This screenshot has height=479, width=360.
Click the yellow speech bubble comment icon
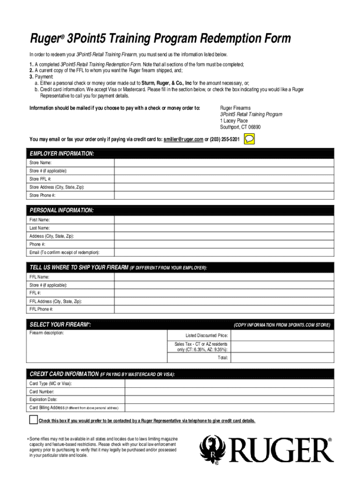tap(250, 139)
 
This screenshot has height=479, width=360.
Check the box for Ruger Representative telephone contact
tap(34, 420)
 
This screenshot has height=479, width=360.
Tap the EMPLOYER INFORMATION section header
tap(62, 154)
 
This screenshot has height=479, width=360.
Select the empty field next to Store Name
tap(224, 162)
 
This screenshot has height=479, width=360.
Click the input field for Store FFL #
tap(224, 179)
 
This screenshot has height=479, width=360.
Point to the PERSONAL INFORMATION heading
tap(62, 210)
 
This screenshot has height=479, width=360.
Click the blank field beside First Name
tap(224, 219)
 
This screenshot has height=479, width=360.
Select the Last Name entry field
tap(224, 228)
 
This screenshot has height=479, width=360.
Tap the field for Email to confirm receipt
tap(224, 253)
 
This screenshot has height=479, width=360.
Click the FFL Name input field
tap(224, 276)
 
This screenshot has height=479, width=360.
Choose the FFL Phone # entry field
tap(224, 309)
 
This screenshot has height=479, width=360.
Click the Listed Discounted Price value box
tap(282, 335)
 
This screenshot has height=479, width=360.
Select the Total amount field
tap(282, 357)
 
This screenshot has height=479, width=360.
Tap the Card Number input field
tap(229, 392)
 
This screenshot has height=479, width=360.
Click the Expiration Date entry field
tap(229, 399)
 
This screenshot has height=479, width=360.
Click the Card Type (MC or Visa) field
tap(229, 383)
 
